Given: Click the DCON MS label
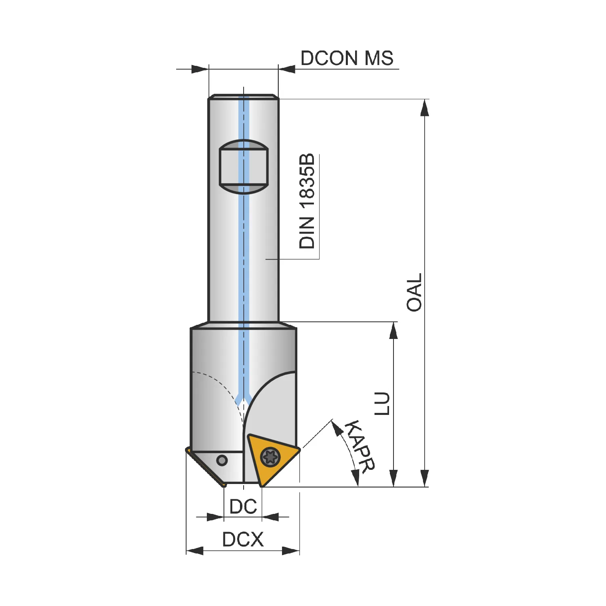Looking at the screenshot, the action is coord(347,58).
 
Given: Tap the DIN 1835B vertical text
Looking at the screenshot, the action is coord(307,201).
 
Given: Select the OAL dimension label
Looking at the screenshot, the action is coord(415,292).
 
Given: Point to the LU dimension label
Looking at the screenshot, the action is coord(382,403).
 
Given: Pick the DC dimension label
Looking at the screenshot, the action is coord(243,507).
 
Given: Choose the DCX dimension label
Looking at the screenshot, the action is coord(243,539).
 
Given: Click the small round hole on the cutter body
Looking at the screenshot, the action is coord(222,460).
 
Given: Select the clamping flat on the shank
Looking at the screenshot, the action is coord(244,167).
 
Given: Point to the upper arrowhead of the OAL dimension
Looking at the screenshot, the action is coord(424,108).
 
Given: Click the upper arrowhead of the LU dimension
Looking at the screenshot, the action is coord(393,330).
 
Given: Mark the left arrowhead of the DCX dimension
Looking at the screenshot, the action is coord(195,550).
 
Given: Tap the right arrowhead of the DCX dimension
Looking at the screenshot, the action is coord(291,550).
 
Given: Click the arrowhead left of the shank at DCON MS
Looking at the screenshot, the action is coord(200,69).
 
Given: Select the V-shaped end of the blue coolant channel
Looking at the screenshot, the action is coord(244,399).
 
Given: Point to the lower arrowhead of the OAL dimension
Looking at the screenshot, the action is coord(424,478).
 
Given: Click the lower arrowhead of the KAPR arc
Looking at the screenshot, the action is coord(356,478).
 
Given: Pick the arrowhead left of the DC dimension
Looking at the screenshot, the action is coord(215,517).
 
